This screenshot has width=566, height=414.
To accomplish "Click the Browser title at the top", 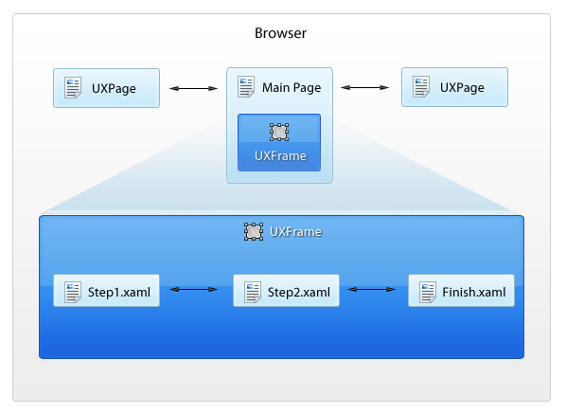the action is (x=280, y=33).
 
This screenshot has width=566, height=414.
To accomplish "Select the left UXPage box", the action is (x=107, y=88).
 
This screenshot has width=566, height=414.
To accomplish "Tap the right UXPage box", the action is (x=454, y=87).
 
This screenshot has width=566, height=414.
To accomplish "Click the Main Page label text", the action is (x=292, y=87).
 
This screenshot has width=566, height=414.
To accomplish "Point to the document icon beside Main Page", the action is (x=246, y=87).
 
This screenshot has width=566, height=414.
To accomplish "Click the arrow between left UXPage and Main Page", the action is (x=193, y=88).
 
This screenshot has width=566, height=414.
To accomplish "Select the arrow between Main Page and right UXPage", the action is (x=364, y=87).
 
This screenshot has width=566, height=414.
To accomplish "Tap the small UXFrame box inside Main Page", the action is (x=279, y=143).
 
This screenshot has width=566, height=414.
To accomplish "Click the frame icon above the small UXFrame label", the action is (x=279, y=132).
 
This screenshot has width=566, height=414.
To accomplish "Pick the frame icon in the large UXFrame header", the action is (x=254, y=231).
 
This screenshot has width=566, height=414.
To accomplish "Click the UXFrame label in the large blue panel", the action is (x=295, y=231).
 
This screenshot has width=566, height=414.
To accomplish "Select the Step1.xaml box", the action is (x=107, y=291).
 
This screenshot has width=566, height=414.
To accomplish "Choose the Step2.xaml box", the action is (x=286, y=291).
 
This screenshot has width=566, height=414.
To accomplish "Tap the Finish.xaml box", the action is (x=461, y=291).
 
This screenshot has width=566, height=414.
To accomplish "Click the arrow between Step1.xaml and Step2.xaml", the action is (x=193, y=289).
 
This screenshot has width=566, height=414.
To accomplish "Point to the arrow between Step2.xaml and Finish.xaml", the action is (x=371, y=289).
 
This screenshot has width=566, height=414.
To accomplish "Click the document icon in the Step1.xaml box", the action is (x=73, y=292).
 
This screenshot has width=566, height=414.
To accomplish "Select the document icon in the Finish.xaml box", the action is (x=428, y=292).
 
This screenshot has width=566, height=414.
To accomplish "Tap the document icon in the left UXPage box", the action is (x=73, y=87).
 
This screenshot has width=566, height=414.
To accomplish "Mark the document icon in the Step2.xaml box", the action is (x=253, y=292).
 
